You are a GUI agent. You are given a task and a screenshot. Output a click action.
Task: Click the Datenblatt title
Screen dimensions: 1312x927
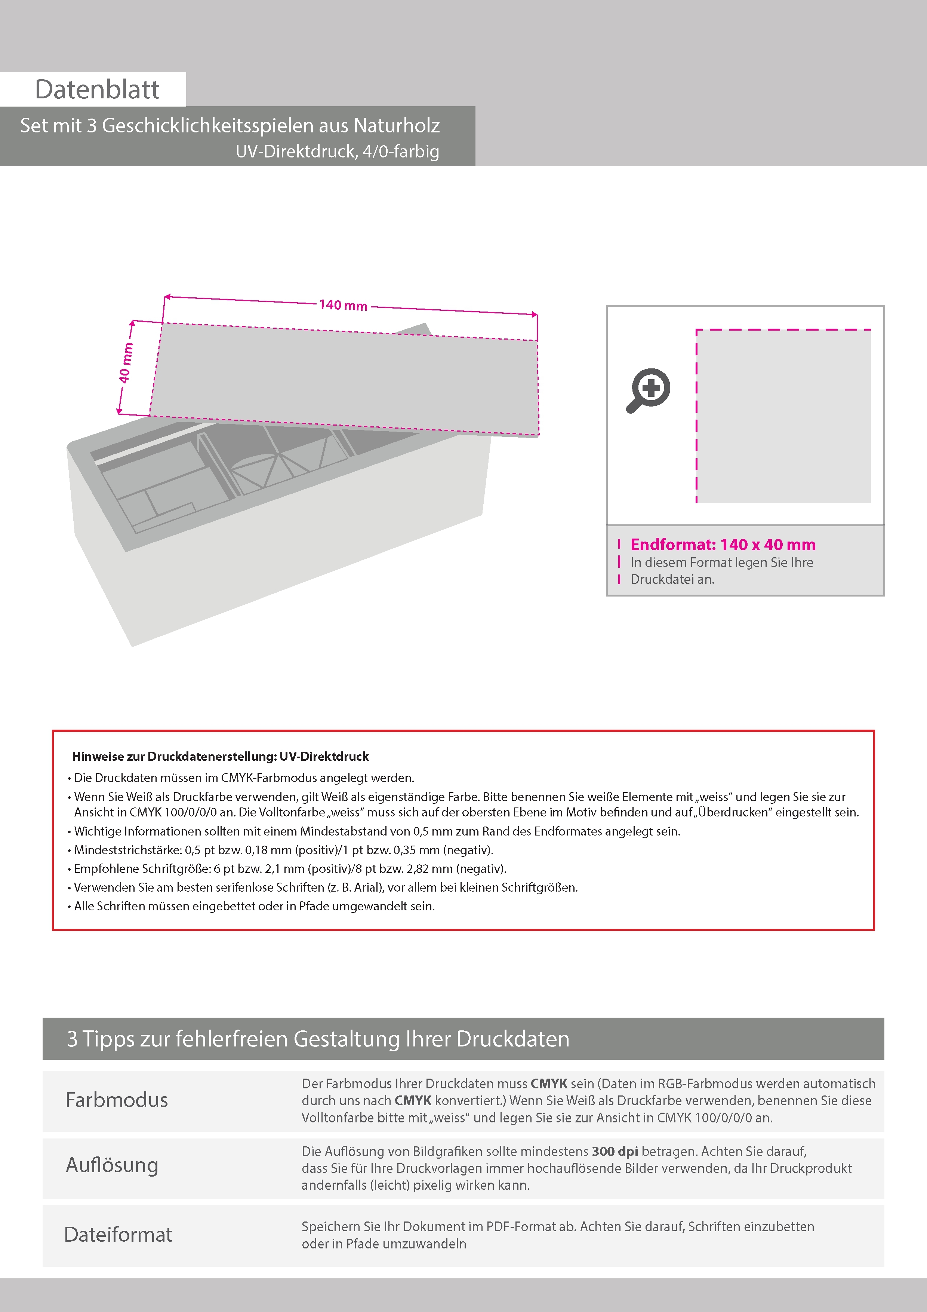pos(97,90)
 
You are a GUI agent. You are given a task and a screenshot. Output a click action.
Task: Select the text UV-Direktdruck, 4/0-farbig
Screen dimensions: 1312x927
pos(337,151)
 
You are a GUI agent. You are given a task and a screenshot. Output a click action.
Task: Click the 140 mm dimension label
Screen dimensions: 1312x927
pos(343,305)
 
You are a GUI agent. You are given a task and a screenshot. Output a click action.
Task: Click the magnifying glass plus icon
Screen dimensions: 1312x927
pos(649,390)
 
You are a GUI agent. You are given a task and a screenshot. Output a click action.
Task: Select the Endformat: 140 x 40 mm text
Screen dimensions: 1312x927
pos(723,545)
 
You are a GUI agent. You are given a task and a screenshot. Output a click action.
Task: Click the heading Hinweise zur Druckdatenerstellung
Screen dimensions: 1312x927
pos(220,757)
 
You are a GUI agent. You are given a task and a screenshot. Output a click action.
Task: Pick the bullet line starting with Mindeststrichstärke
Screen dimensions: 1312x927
pos(283,850)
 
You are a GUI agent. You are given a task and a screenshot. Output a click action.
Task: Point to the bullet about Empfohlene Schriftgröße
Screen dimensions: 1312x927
pos(290,868)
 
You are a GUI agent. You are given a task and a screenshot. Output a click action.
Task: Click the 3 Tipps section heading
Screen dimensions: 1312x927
pos(318,1039)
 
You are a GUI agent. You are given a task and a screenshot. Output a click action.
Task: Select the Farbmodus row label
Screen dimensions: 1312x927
pos(117,1100)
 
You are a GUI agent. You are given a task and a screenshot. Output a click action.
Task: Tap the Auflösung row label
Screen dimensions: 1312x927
pos(112,1165)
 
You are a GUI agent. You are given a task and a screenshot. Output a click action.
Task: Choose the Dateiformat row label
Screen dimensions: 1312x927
pos(118,1234)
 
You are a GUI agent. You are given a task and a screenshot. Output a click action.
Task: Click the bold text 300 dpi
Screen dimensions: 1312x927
pos(615,1152)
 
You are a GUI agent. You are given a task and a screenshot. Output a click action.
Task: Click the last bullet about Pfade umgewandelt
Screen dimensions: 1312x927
pos(254,906)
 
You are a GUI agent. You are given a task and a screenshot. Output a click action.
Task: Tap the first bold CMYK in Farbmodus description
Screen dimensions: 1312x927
pos(549,1083)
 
